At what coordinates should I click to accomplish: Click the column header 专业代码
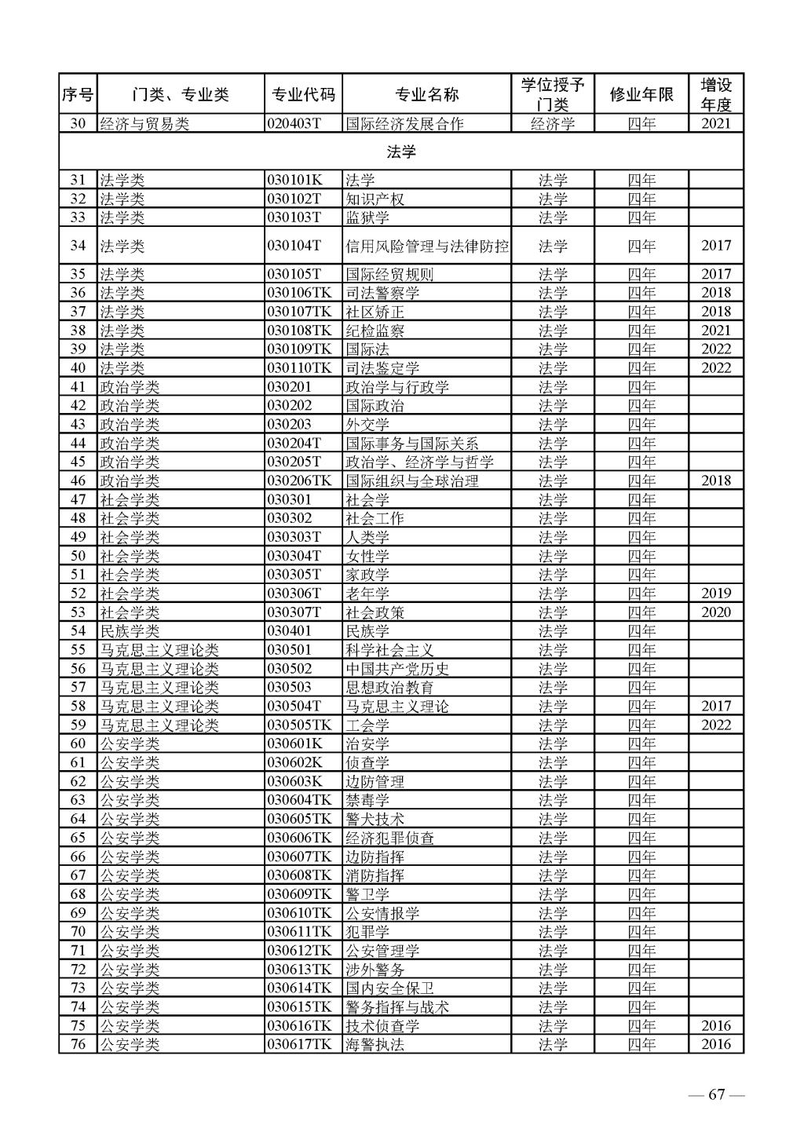[x=303, y=95]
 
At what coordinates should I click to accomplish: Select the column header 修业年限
[x=641, y=95]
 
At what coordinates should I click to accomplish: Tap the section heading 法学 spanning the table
[x=401, y=152]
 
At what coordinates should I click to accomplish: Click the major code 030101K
[x=294, y=181]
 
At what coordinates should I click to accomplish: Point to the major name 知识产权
[x=375, y=199]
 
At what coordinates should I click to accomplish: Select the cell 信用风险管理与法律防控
[x=427, y=247]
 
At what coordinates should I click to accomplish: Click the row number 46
[x=78, y=481]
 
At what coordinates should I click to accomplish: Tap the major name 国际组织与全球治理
[x=412, y=481]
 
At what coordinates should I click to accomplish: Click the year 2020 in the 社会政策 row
[x=715, y=613]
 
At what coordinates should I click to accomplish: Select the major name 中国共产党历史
[x=397, y=670]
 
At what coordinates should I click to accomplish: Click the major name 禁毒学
[x=367, y=801]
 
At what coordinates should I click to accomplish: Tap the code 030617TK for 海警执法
[x=300, y=1045]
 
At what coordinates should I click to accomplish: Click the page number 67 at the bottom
[x=715, y=1096]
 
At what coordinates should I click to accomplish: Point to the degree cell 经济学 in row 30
[x=553, y=124]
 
